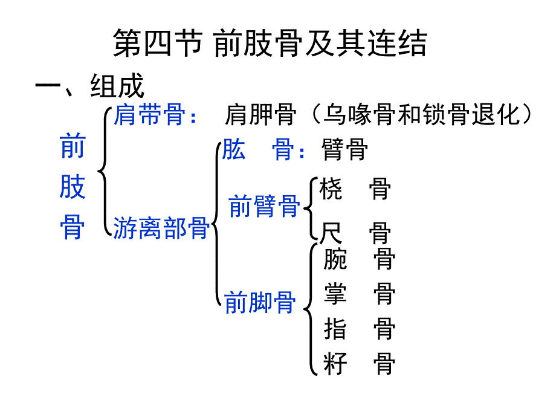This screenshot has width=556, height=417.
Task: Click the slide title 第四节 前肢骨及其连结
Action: (x=270, y=44)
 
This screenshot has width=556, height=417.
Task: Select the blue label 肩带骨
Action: (x=149, y=114)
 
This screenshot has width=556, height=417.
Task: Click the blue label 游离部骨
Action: (x=161, y=228)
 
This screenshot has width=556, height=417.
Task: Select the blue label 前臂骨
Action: (x=264, y=207)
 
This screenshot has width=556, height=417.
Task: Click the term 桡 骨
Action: (x=355, y=189)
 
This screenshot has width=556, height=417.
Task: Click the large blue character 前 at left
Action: (x=73, y=147)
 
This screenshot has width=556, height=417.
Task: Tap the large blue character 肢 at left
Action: (x=73, y=188)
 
